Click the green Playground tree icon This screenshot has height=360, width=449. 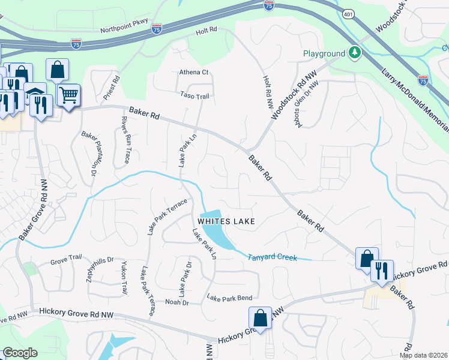tap(355, 53)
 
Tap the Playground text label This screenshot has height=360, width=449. tap(324, 53)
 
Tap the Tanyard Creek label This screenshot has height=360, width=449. tap(273, 257)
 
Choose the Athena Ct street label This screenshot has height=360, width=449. tap(193, 72)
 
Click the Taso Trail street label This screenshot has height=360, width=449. tap(195, 96)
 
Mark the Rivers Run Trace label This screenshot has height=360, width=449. tap(125, 140)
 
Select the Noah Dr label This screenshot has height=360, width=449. tap(176, 302)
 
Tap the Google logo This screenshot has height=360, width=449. tap(20, 353)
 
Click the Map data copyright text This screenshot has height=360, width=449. tap(424, 355)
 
